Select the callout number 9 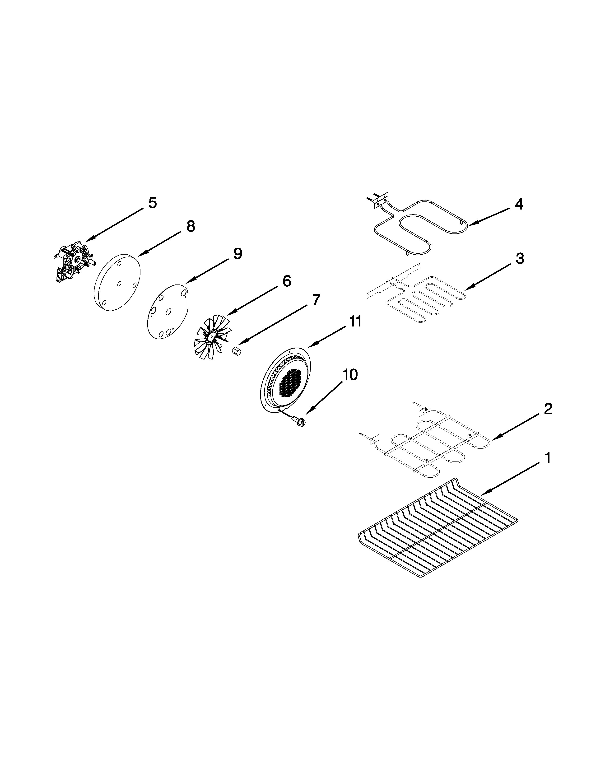click(238, 254)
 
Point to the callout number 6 click(287, 281)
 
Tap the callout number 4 click(519, 204)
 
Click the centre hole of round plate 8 click(119, 284)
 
